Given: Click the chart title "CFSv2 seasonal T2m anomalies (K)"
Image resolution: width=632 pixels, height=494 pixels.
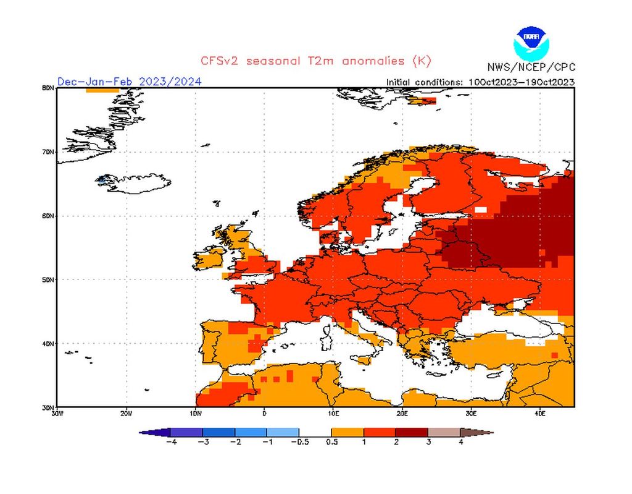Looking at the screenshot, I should (x=315, y=61).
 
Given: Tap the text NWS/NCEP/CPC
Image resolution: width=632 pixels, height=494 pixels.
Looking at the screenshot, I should (x=530, y=67).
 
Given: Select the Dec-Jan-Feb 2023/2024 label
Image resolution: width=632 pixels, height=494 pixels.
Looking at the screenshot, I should (x=129, y=82).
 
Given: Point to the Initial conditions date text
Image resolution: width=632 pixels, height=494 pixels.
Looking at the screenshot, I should (x=480, y=82).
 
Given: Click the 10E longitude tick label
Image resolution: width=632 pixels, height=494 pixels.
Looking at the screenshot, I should (x=333, y=413).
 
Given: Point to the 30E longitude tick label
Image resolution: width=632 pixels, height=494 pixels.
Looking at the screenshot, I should (x=471, y=413).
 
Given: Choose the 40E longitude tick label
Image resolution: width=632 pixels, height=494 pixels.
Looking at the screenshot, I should (x=539, y=413).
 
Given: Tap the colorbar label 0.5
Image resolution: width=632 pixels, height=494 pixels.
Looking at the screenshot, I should (x=331, y=442).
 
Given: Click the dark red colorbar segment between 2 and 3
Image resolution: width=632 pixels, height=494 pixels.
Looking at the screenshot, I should (x=412, y=432).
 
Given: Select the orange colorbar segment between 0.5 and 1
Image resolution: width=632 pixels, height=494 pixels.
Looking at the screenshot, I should (x=347, y=432).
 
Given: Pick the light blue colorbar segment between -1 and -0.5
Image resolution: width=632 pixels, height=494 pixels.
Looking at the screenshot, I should (x=283, y=432).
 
